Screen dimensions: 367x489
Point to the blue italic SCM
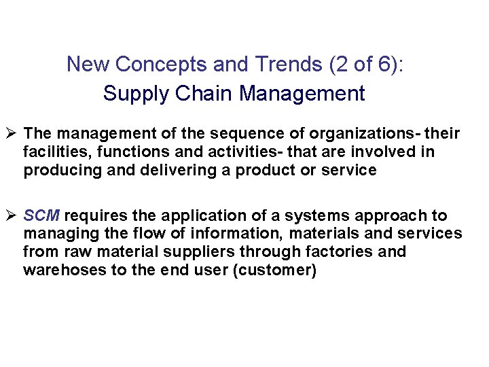(42, 215)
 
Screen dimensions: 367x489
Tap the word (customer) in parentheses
(282, 270)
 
